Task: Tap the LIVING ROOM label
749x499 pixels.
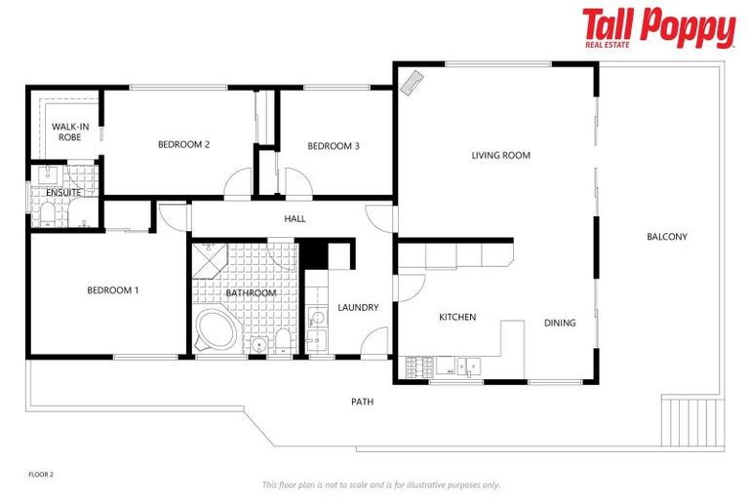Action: (500, 155)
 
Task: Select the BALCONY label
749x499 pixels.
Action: (667, 237)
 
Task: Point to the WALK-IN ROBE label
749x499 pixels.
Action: (69, 132)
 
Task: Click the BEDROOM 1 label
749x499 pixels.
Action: (112, 289)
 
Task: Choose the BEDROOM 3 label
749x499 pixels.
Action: (334, 146)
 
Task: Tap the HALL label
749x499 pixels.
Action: (295, 218)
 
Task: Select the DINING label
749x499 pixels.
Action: (560, 323)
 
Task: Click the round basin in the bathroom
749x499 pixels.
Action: (257, 344)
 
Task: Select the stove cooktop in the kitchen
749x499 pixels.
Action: (419, 367)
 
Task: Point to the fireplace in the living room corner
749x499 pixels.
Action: (414, 82)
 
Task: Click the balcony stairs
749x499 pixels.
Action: (692, 421)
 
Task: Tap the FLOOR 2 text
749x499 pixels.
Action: (41, 475)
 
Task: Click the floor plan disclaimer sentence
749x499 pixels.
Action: (380, 484)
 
